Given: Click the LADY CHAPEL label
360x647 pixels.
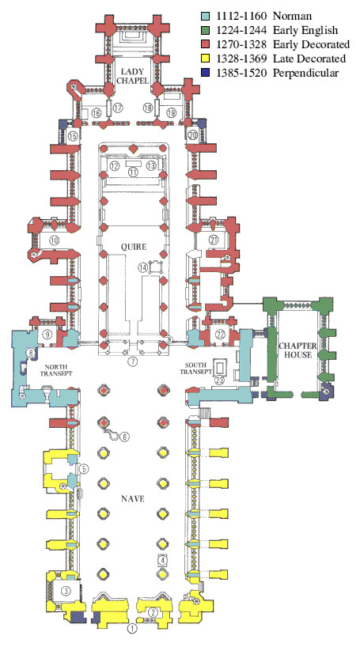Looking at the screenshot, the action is click(x=132, y=77).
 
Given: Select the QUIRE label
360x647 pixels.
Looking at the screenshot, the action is click(x=134, y=247).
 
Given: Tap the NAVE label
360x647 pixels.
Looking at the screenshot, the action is click(x=133, y=499).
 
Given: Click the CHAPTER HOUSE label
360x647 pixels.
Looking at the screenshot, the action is click(x=297, y=350).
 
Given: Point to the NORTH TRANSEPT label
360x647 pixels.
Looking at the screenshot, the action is click(x=59, y=369).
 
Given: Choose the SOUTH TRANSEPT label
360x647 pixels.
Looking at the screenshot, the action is click(x=198, y=368).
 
